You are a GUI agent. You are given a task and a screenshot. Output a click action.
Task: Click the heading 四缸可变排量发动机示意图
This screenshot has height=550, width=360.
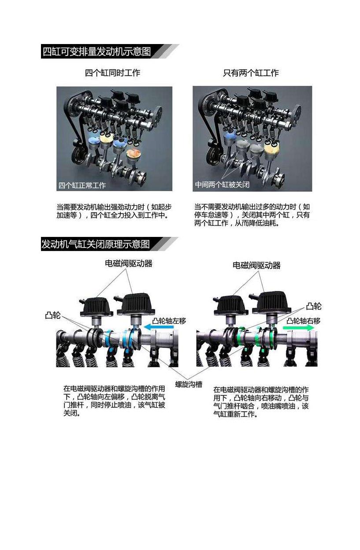click(x=96, y=52)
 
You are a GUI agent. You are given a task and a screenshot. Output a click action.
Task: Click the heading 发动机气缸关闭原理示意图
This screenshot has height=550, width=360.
click(x=96, y=244)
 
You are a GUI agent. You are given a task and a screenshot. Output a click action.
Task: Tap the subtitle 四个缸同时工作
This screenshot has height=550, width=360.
click(x=112, y=73)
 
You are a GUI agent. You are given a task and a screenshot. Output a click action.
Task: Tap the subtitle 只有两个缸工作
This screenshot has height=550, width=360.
click(x=251, y=73)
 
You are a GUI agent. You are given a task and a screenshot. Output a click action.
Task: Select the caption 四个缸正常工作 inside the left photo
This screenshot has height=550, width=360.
click(x=82, y=185)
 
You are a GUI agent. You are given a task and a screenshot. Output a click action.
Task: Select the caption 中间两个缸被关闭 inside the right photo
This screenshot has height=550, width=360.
click(x=222, y=185)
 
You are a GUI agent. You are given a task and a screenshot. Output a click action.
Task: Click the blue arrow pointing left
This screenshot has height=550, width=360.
click(x=159, y=327)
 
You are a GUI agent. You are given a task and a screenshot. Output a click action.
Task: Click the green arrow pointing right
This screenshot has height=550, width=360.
click(x=299, y=328)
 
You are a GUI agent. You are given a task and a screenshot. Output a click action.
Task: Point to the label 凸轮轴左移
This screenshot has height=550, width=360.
click(x=169, y=321)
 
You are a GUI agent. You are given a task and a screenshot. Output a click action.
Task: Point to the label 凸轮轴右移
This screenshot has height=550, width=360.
click(x=304, y=321)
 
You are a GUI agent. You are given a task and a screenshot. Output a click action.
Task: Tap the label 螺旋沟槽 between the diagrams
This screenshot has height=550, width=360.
click(x=189, y=384)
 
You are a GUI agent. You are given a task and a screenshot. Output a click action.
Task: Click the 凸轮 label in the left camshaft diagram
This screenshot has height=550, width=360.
click(x=53, y=315)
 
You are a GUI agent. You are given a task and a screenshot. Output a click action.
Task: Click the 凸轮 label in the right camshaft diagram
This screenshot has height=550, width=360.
click(x=314, y=306)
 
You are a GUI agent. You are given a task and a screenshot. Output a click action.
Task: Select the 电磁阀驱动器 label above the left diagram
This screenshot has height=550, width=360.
click(x=129, y=263)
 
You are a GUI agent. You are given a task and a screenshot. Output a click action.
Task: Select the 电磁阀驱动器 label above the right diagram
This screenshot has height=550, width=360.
click(x=256, y=265)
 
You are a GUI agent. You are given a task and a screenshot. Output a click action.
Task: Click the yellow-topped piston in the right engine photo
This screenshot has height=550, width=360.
click(x=271, y=147)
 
